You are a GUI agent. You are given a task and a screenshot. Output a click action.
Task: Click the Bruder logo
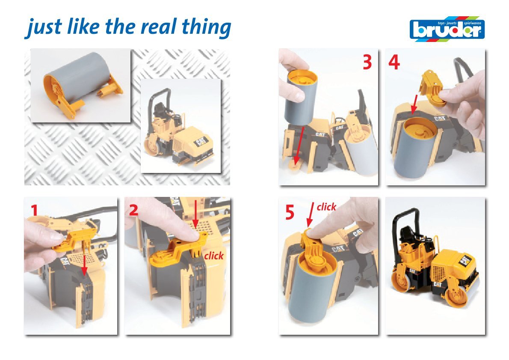(x=447, y=29)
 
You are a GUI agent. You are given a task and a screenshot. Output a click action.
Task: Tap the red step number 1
(x=35, y=210)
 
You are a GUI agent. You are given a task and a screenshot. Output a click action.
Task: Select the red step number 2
(x=134, y=210)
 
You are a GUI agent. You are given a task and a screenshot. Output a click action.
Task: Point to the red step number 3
(x=367, y=62)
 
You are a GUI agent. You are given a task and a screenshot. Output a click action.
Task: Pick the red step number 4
(x=394, y=62)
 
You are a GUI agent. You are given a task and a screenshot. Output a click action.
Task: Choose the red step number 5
(x=290, y=213)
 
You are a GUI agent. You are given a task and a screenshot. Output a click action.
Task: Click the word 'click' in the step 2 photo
(x=214, y=256)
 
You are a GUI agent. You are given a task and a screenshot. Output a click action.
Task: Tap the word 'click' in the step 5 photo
(x=326, y=207)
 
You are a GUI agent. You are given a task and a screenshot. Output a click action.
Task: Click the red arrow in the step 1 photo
(x=84, y=265)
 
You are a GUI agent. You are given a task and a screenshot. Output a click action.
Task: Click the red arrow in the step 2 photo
(x=195, y=214)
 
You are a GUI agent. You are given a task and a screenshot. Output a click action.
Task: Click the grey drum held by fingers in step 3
(x=301, y=98)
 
